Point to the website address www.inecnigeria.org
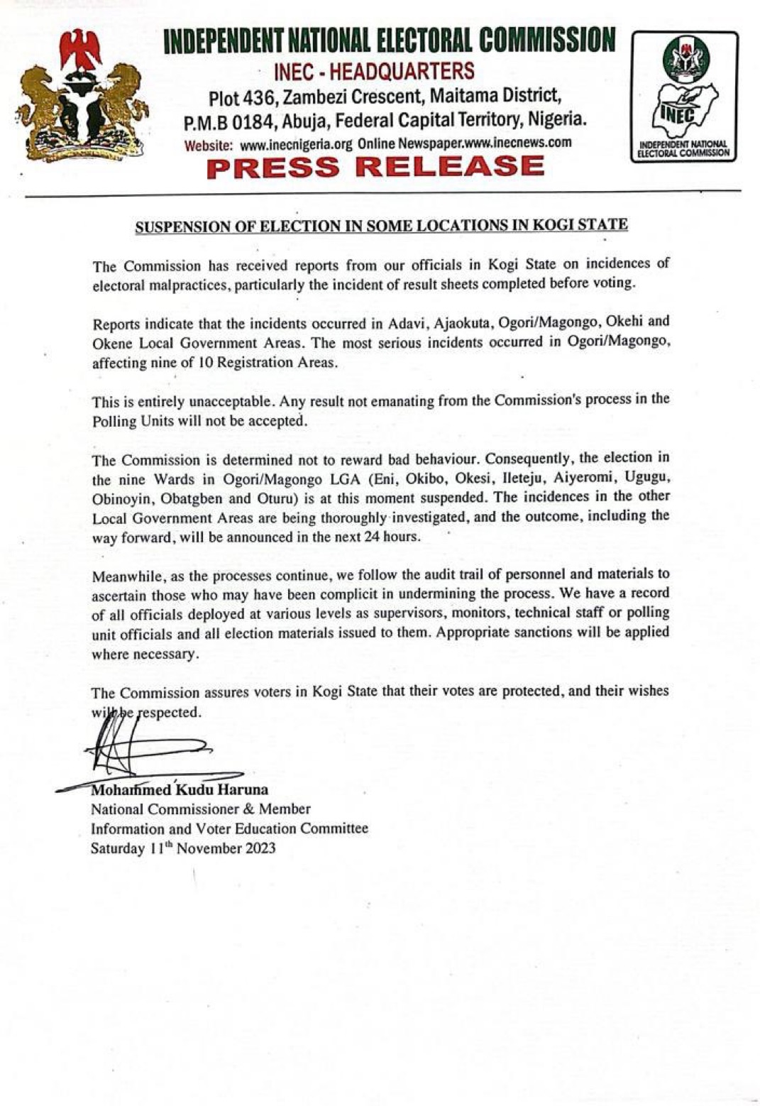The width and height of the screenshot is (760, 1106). point(296,143)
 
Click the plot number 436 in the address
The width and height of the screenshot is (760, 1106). point(256,97)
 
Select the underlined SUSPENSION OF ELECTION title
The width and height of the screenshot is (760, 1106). point(382,226)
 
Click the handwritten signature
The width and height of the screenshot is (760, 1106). point(142,745)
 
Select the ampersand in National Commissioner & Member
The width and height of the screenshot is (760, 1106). point(248,809)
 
